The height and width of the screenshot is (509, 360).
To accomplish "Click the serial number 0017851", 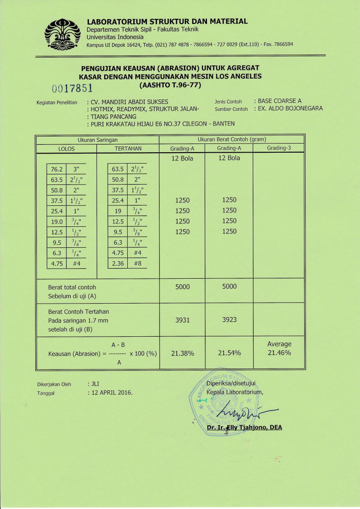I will pyautogui.click(x=72, y=89).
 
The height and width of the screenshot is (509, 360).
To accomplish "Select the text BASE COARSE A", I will pyautogui.click(x=279, y=101).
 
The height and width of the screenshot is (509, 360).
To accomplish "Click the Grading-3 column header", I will pyautogui.click(x=278, y=148).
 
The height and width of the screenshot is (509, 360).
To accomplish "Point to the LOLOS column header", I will pyautogui.click(x=66, y=149).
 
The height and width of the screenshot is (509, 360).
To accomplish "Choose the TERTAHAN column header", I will pyautogui.click(x=128, y=149).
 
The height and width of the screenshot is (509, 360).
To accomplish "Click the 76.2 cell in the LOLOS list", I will pyautogui.click(x=57, y=169).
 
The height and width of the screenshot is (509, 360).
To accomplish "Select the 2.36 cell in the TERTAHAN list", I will pyautogui.click(x=118, y=263).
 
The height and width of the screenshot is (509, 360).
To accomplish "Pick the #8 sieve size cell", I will pyautogui.click(x=137, y=263).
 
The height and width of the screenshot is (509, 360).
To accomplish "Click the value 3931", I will pyautogui.click(x=182, y=320).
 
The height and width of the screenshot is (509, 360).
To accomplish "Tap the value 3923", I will pyautogui.click(x=229, y=320).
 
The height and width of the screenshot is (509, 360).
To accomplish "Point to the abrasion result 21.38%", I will pyautogui.click(x=182, y=353).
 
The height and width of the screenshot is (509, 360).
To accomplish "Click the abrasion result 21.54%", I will pyautogui.click(x=229, y=353).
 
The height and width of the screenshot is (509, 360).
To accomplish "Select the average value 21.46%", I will pyautogui.click(x=279, y=352).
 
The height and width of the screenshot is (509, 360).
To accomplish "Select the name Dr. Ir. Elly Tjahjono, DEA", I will pyautogui.click(x=244, y=427).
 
